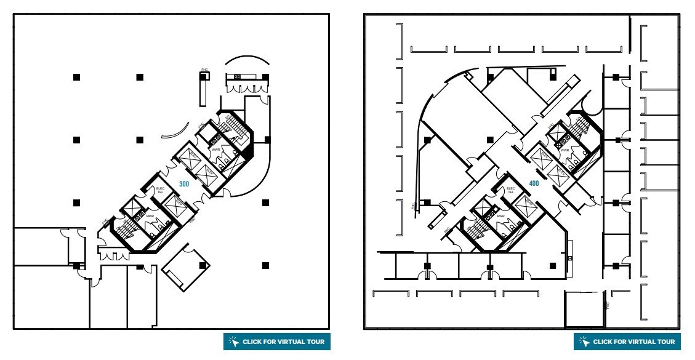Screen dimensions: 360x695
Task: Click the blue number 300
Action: (x=183, y=183)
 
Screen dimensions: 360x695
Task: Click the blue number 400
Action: (x=534, y=183)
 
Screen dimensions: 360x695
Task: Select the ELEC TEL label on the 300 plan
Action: (x=159, y=190)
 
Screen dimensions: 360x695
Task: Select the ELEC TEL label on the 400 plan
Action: (x=510, y=191)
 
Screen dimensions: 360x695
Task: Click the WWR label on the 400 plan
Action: (x=564, y=150)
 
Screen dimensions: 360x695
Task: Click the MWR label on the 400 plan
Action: (x=500, y=217)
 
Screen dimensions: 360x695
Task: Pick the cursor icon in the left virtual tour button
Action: (x=233, y=342)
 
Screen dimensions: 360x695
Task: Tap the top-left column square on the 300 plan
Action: (x=76, y=77)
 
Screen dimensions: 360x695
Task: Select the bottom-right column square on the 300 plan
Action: (x=265, y=265)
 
